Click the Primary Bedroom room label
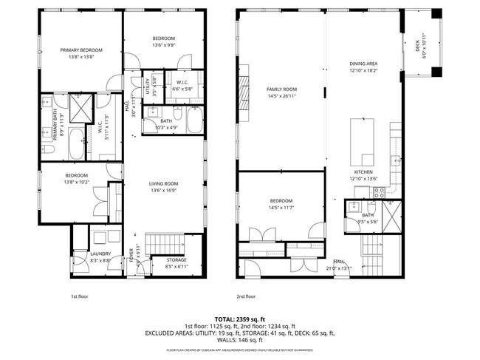pos(81,50)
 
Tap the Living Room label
pos(165,184)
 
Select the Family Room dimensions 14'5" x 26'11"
pos(281,96)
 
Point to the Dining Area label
pos(363,64)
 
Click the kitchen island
pos(364,140)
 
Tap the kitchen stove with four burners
pos(379,191)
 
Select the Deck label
pos(417,47)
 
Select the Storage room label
pos(176,259)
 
